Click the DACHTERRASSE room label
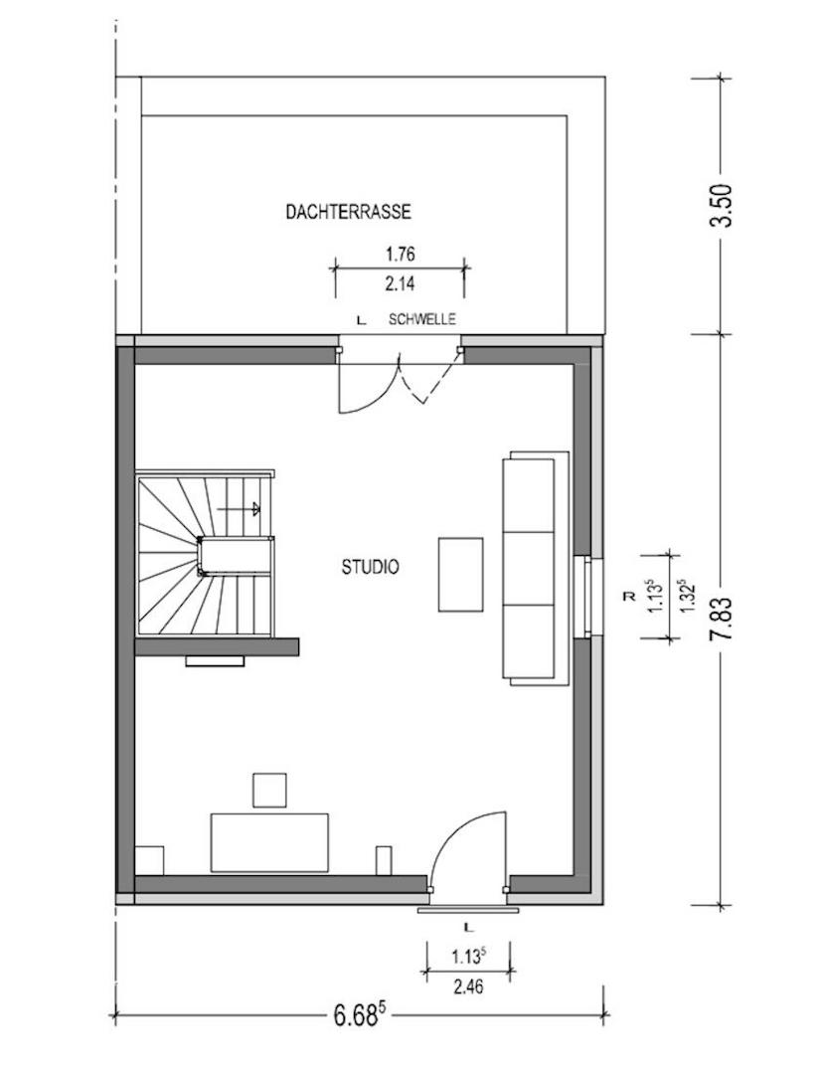pyautogui.click(x=348, y=212)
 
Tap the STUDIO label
pyautogui.click(x=371, y=568)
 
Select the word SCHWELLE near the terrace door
pyautogui.click(x=421, y=319)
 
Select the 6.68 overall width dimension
pyautogui.click(x=358, y=1015)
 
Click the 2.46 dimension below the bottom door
pyautogui.click(x=468, y=986)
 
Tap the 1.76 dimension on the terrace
pyautogui.click(x=399, y=255)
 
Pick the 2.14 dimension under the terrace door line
pyautogui.click(x=399, y=283)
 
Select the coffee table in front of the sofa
pyautogui.click(x=461, y=574)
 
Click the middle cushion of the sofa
pyautogui.click(x=530, y=568)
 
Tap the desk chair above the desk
pyautogui.click(x=269, y=790)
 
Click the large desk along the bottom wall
pyautogui.click(x=269, y=842)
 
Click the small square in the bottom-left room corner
pyautogui.click(x=149, y=860)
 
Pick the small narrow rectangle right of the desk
pyautogui.click(x=384, y=860)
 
